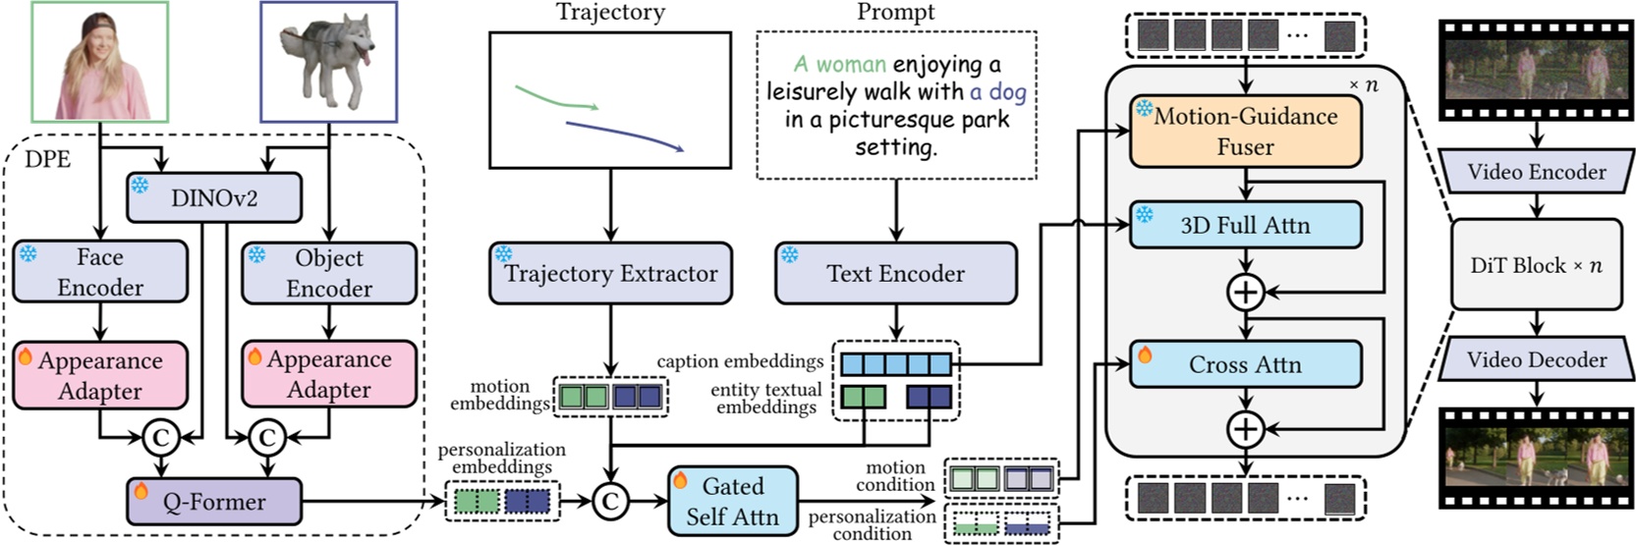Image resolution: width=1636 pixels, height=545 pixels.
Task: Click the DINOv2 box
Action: pos(214,197)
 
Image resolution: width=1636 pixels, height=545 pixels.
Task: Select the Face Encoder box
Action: pos(100,272)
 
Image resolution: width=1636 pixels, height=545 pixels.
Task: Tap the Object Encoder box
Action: pos(329,272)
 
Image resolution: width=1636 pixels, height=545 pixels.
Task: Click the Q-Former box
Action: pos(214,502)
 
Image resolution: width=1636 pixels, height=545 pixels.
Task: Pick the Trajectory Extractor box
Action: pos(610,273)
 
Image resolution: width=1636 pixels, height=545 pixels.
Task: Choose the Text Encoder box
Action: pos(895,273)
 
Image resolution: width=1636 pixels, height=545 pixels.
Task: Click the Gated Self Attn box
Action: pos(732,501)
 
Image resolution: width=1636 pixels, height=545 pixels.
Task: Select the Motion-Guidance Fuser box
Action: pos(1245,132)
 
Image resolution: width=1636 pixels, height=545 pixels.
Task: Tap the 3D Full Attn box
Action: pos(1245,225)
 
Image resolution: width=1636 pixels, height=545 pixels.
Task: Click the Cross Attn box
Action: pos(1245,364)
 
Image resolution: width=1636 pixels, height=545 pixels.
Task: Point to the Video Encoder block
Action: pos(1537,172)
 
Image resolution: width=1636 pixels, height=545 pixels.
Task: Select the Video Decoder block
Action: pos(1537,360)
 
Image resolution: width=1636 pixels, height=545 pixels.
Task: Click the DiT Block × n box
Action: pos(1537,265)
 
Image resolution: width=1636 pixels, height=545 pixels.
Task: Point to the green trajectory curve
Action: pos(555,98)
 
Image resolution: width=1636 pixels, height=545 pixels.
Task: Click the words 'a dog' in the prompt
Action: pos(997,92)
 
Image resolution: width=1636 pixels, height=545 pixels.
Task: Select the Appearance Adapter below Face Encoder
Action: pos(100,375)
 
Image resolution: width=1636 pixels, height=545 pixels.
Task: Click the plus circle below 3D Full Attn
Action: pos(1245,292)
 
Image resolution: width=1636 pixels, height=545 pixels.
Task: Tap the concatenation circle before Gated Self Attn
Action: pos(610,502)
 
